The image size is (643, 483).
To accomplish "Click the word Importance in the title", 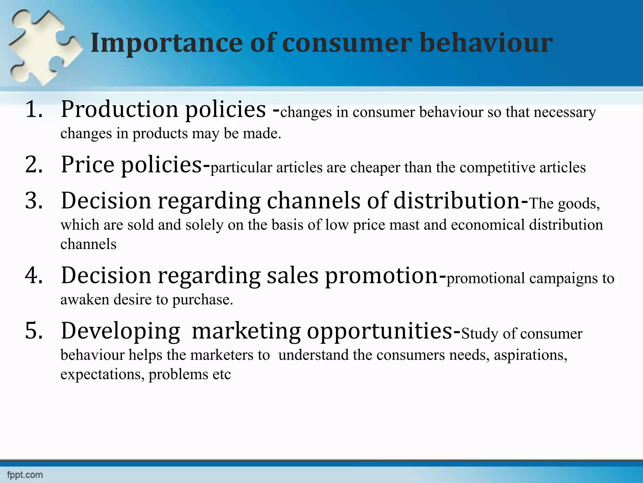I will (x=166, y=43).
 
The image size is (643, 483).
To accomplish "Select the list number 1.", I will (x=34, y=109).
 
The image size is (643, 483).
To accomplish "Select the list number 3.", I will (x=34, y=201).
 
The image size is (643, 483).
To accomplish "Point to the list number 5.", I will (x=34, y=331).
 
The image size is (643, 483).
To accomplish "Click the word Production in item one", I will (x=119, y=109).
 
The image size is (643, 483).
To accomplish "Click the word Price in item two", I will (x=88, y=164).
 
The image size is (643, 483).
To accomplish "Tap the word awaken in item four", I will (x=84, y=300).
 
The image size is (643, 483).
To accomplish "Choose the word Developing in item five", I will (x=121, y=331).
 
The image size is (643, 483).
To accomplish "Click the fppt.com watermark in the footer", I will (x=25, y=475).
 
